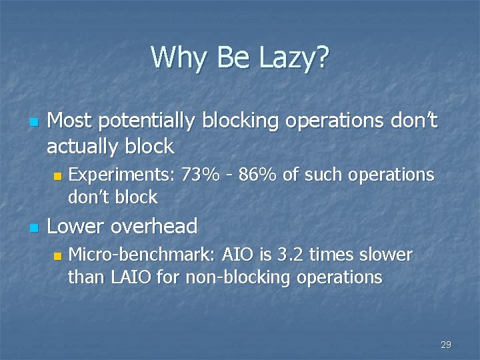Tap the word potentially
click(139, 121)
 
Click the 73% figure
click(199, 175)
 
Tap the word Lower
click(75, 227)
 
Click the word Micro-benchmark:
click(140, 255)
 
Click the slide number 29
click(446, 345)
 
